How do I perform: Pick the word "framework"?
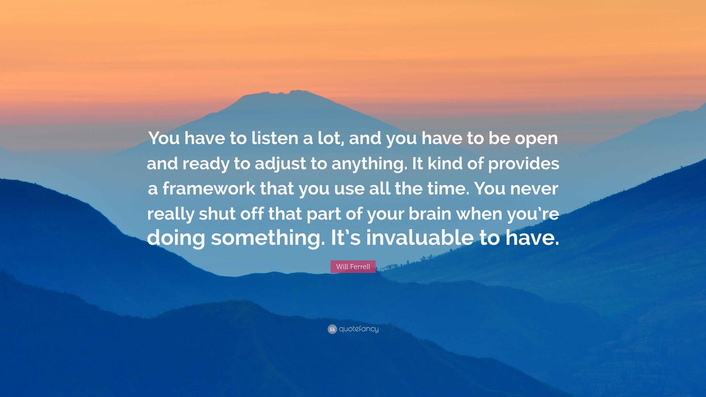tap(209, 189)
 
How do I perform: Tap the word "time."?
tap(448, 189)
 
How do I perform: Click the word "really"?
tap(170, 214)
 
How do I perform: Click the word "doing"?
tap(176, 238)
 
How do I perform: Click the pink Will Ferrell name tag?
tap(353, 267)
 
